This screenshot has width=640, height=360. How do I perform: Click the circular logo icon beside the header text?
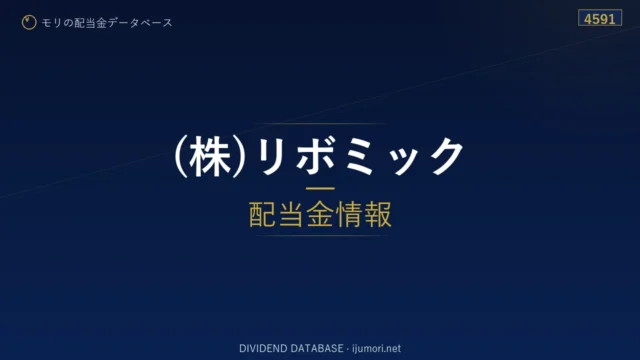click(x=29, y=22)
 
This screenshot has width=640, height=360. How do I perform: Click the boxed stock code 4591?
click(x=600, y=19)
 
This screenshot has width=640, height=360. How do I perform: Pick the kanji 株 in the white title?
click(x=210, y=157)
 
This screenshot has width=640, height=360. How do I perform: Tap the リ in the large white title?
click(x=271, y=156)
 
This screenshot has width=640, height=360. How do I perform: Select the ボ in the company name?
click(x=316, y=156)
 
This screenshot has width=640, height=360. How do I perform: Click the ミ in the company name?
click(x=359, y=156)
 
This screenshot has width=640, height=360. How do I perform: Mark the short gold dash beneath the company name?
click(x=320, y=189)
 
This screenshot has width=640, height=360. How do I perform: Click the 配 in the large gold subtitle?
click(x=262, y=214)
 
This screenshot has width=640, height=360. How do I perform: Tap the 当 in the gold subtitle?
click(x=291, y=214)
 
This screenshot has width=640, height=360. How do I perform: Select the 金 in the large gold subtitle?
click(x=320, y=214)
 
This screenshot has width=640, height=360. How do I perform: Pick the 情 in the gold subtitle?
click(x=349, y=214)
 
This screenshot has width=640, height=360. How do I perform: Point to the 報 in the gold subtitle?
click(x=378, y=214)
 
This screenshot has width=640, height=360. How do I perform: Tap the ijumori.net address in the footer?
click(x=376, y=349)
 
